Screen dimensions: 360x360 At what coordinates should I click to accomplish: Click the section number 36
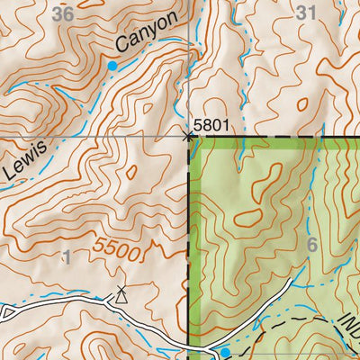coord(62,13)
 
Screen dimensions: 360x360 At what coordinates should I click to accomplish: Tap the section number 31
coord(306,13)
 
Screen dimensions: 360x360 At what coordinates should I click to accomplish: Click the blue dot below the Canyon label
coord(112,66)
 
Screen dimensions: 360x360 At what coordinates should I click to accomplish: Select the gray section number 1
coord(66,258)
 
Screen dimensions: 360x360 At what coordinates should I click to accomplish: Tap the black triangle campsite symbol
coord(121,293)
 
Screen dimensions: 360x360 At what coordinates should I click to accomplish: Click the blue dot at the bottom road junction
coord(222,350)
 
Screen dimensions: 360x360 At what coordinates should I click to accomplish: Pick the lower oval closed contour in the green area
coord(244,219)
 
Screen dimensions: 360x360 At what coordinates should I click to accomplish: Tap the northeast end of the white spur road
coord(291,281)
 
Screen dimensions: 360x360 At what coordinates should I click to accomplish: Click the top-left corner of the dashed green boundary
coord(189,138)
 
